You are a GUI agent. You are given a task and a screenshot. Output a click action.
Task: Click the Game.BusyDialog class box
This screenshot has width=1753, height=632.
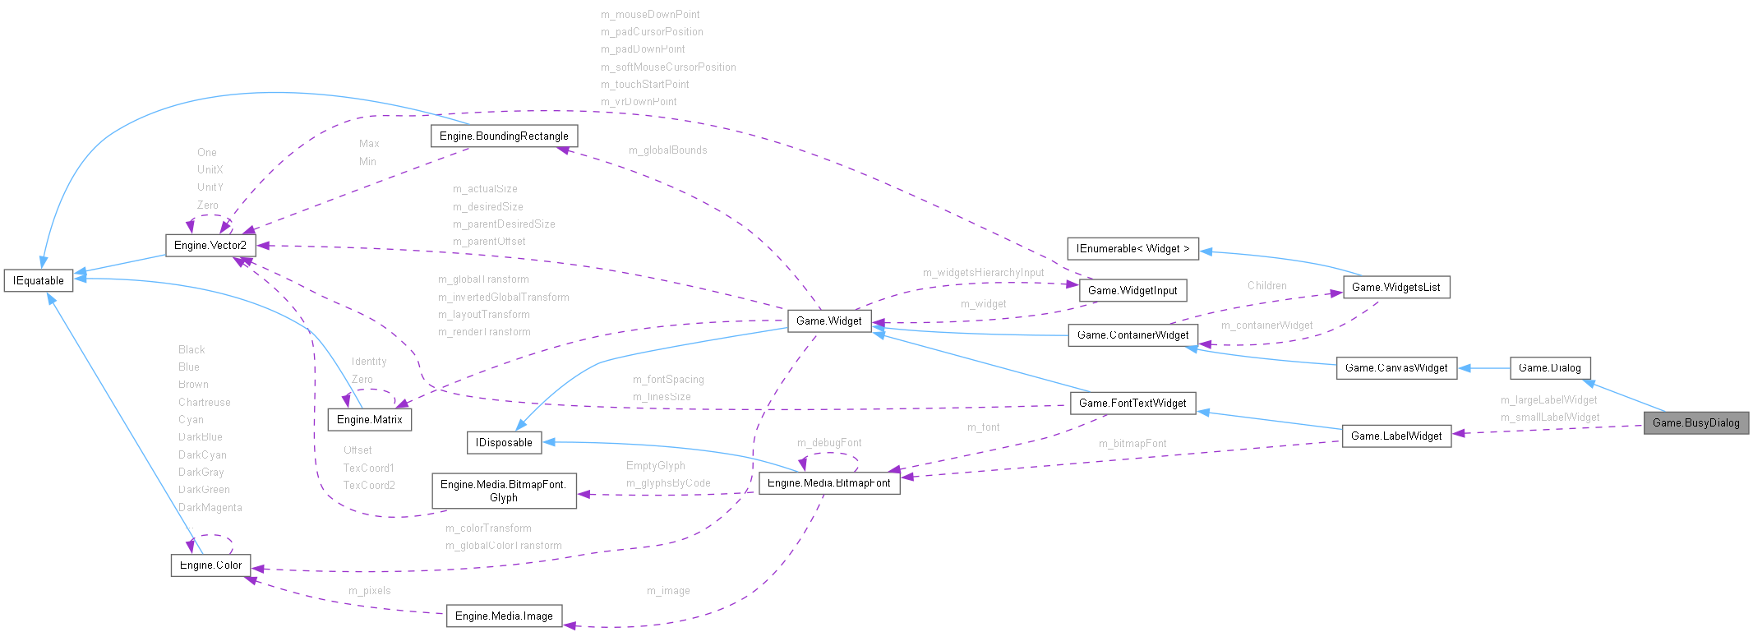pyautogui.click(x=1695, y=422)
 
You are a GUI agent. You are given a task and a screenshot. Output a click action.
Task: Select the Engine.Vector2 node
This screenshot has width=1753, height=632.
pyautogui.click(x=210, y=245)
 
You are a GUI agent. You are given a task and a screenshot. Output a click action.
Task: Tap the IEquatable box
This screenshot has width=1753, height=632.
pyautogui.click(x=39, y=280)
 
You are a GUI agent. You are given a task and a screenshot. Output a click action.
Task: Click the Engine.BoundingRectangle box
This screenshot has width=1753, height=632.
pyautogui.click(x=504, y=136)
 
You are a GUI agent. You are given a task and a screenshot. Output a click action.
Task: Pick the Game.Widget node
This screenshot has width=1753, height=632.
pyautogui.click(x=828, y=321)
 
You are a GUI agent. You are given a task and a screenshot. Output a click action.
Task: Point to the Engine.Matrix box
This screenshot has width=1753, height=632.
pyautogui.click(x=370, y=419)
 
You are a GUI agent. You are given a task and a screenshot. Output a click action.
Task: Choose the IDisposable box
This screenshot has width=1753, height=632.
pyautogui.click(x=504, y=442)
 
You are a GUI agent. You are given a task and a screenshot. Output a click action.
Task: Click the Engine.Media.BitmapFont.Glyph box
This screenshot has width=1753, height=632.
pyautogui.click(x=504, y=491)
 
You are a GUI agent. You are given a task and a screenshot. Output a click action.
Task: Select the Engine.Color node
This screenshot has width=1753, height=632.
pyautogui.click(x=210, y=565)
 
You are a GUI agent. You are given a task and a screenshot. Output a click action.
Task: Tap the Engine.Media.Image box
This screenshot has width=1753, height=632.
pyautogui.click(x=504, y=616)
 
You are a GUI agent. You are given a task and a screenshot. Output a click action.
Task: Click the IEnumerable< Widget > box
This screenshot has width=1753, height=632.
pyautogui.click(x=1133, y=248)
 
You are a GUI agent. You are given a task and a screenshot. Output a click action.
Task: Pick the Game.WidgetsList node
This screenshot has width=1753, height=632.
pyautogui.click(x=1395, y=287)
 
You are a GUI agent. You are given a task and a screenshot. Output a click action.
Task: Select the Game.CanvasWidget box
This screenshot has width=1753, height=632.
pyautogui.click(x=1396, y=367)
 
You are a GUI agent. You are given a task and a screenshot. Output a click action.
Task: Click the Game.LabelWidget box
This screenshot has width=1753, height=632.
pyautogui.click(x=1395, y=436)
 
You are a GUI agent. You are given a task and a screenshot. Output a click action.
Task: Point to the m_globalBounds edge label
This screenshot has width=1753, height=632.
pyautogui.click(x=667, y=150)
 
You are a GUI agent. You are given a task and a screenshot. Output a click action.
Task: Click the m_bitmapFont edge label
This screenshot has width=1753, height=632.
pyautogui.click(x=1133, y=444)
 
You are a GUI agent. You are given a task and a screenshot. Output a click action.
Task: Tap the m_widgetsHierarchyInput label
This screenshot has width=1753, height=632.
pyautogui.click(x=983, y=273)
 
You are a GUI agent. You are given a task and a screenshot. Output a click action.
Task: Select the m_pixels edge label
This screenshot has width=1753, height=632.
pyautogui.click(x=369, y=591)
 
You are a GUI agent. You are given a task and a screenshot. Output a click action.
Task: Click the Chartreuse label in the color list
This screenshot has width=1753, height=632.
pyautogui.click(x=204, y=403)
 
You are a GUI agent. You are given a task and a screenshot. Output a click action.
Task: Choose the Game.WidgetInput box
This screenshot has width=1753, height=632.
pyautogui.click(x=1133, y=290)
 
